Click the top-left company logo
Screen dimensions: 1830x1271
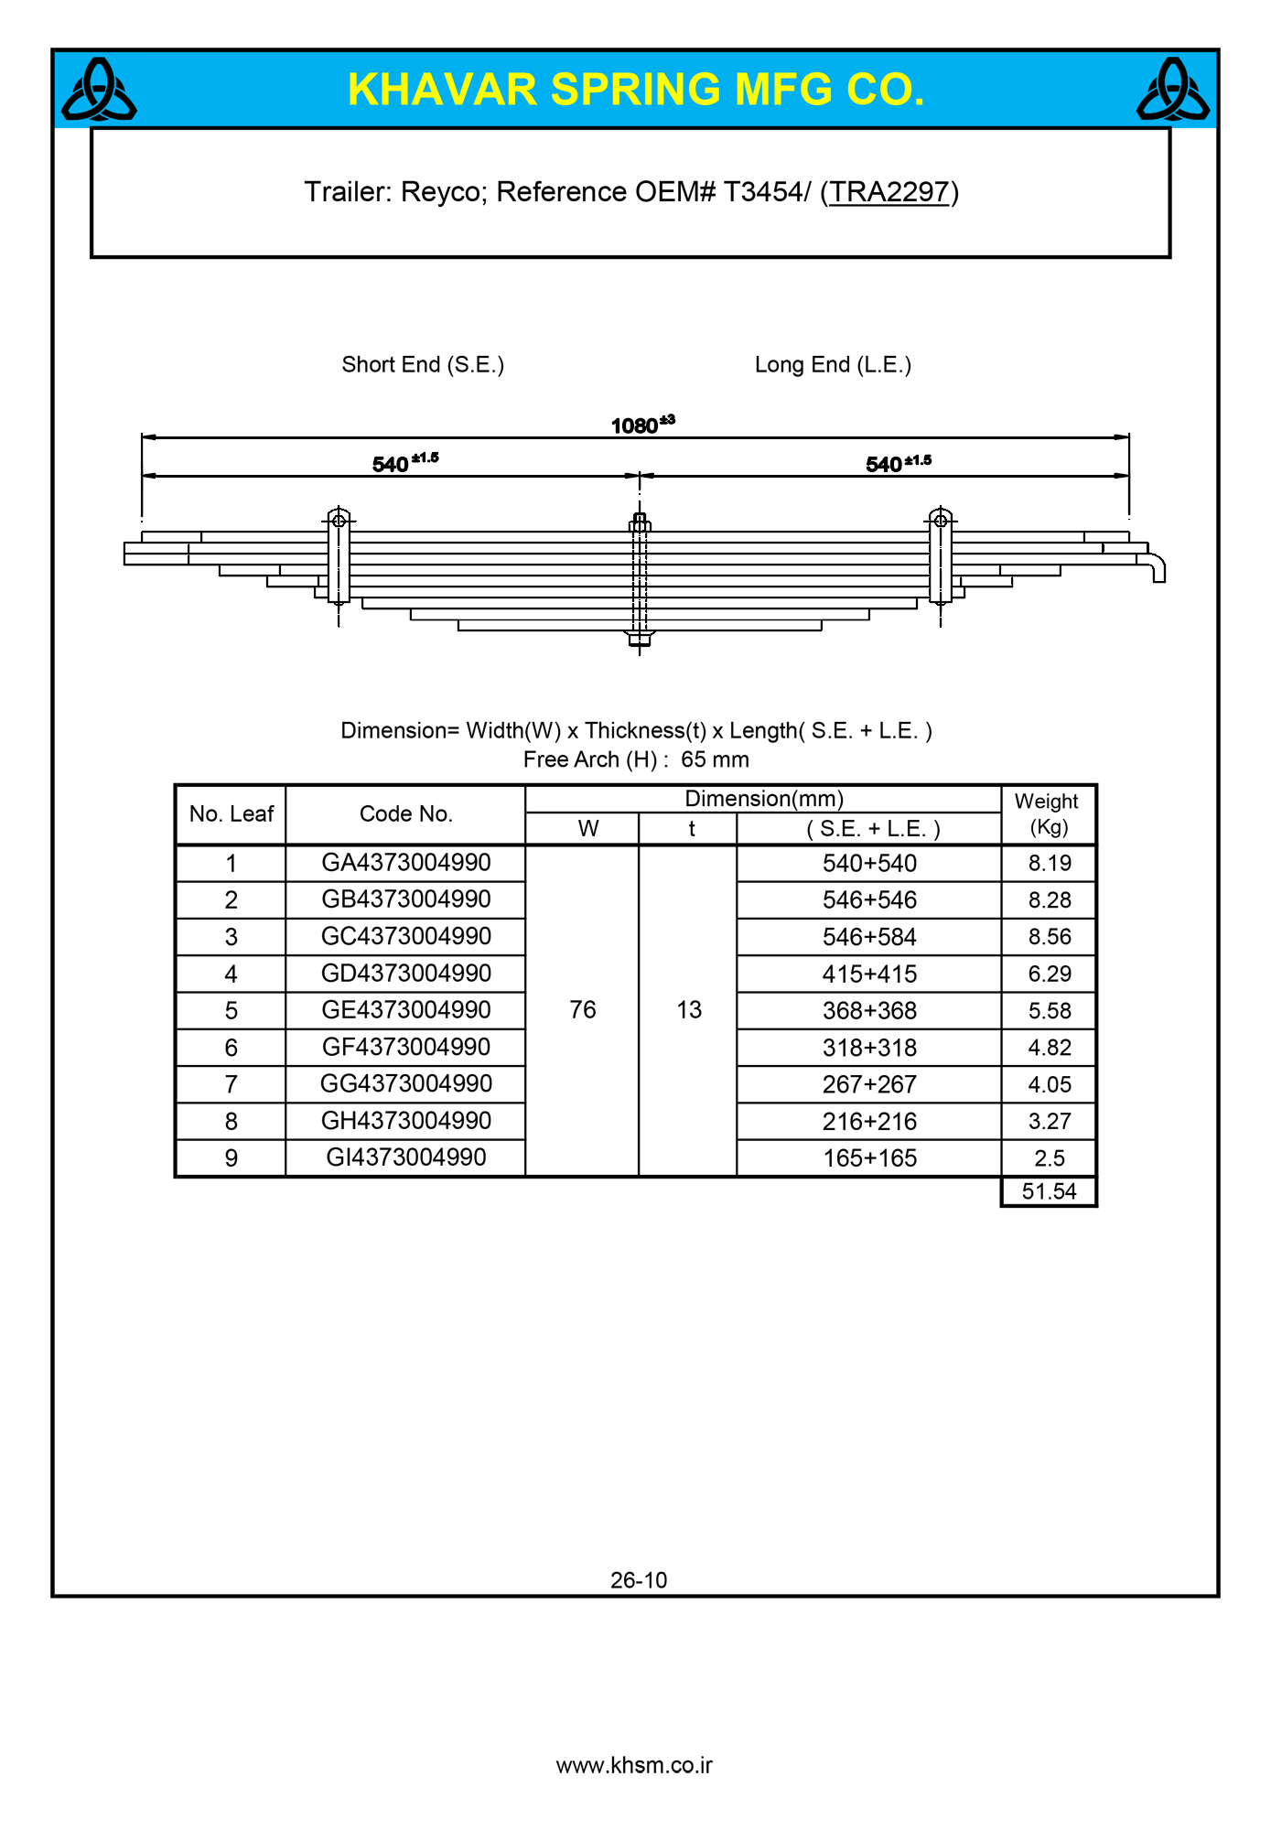[99, 90]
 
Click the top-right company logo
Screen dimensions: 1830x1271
[1172, 90]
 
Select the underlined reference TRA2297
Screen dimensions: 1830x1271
[889, 192]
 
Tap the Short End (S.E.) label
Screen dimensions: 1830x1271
[423, 365]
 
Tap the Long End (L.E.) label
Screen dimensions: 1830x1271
[833, 365]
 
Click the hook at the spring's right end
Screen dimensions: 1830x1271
[1158, 567]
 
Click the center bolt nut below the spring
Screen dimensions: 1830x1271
[640, 639]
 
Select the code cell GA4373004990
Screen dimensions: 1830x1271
[405, 863]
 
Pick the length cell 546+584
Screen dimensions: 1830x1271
[869, 937]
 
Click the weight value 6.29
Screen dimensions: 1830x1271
[1049, 974]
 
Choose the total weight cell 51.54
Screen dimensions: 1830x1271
[1049, 1191]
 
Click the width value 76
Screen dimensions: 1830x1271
[583, 1010]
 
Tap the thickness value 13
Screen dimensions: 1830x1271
[689, 1010]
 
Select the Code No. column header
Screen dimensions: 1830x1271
[405, 814]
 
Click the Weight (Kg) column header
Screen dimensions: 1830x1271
[1049, 813]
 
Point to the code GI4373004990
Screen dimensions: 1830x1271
[405, 1157]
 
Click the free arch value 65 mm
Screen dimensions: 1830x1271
[715, 759]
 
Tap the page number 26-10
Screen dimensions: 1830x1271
[639, 1580]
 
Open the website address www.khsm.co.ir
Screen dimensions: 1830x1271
[634, 1766]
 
